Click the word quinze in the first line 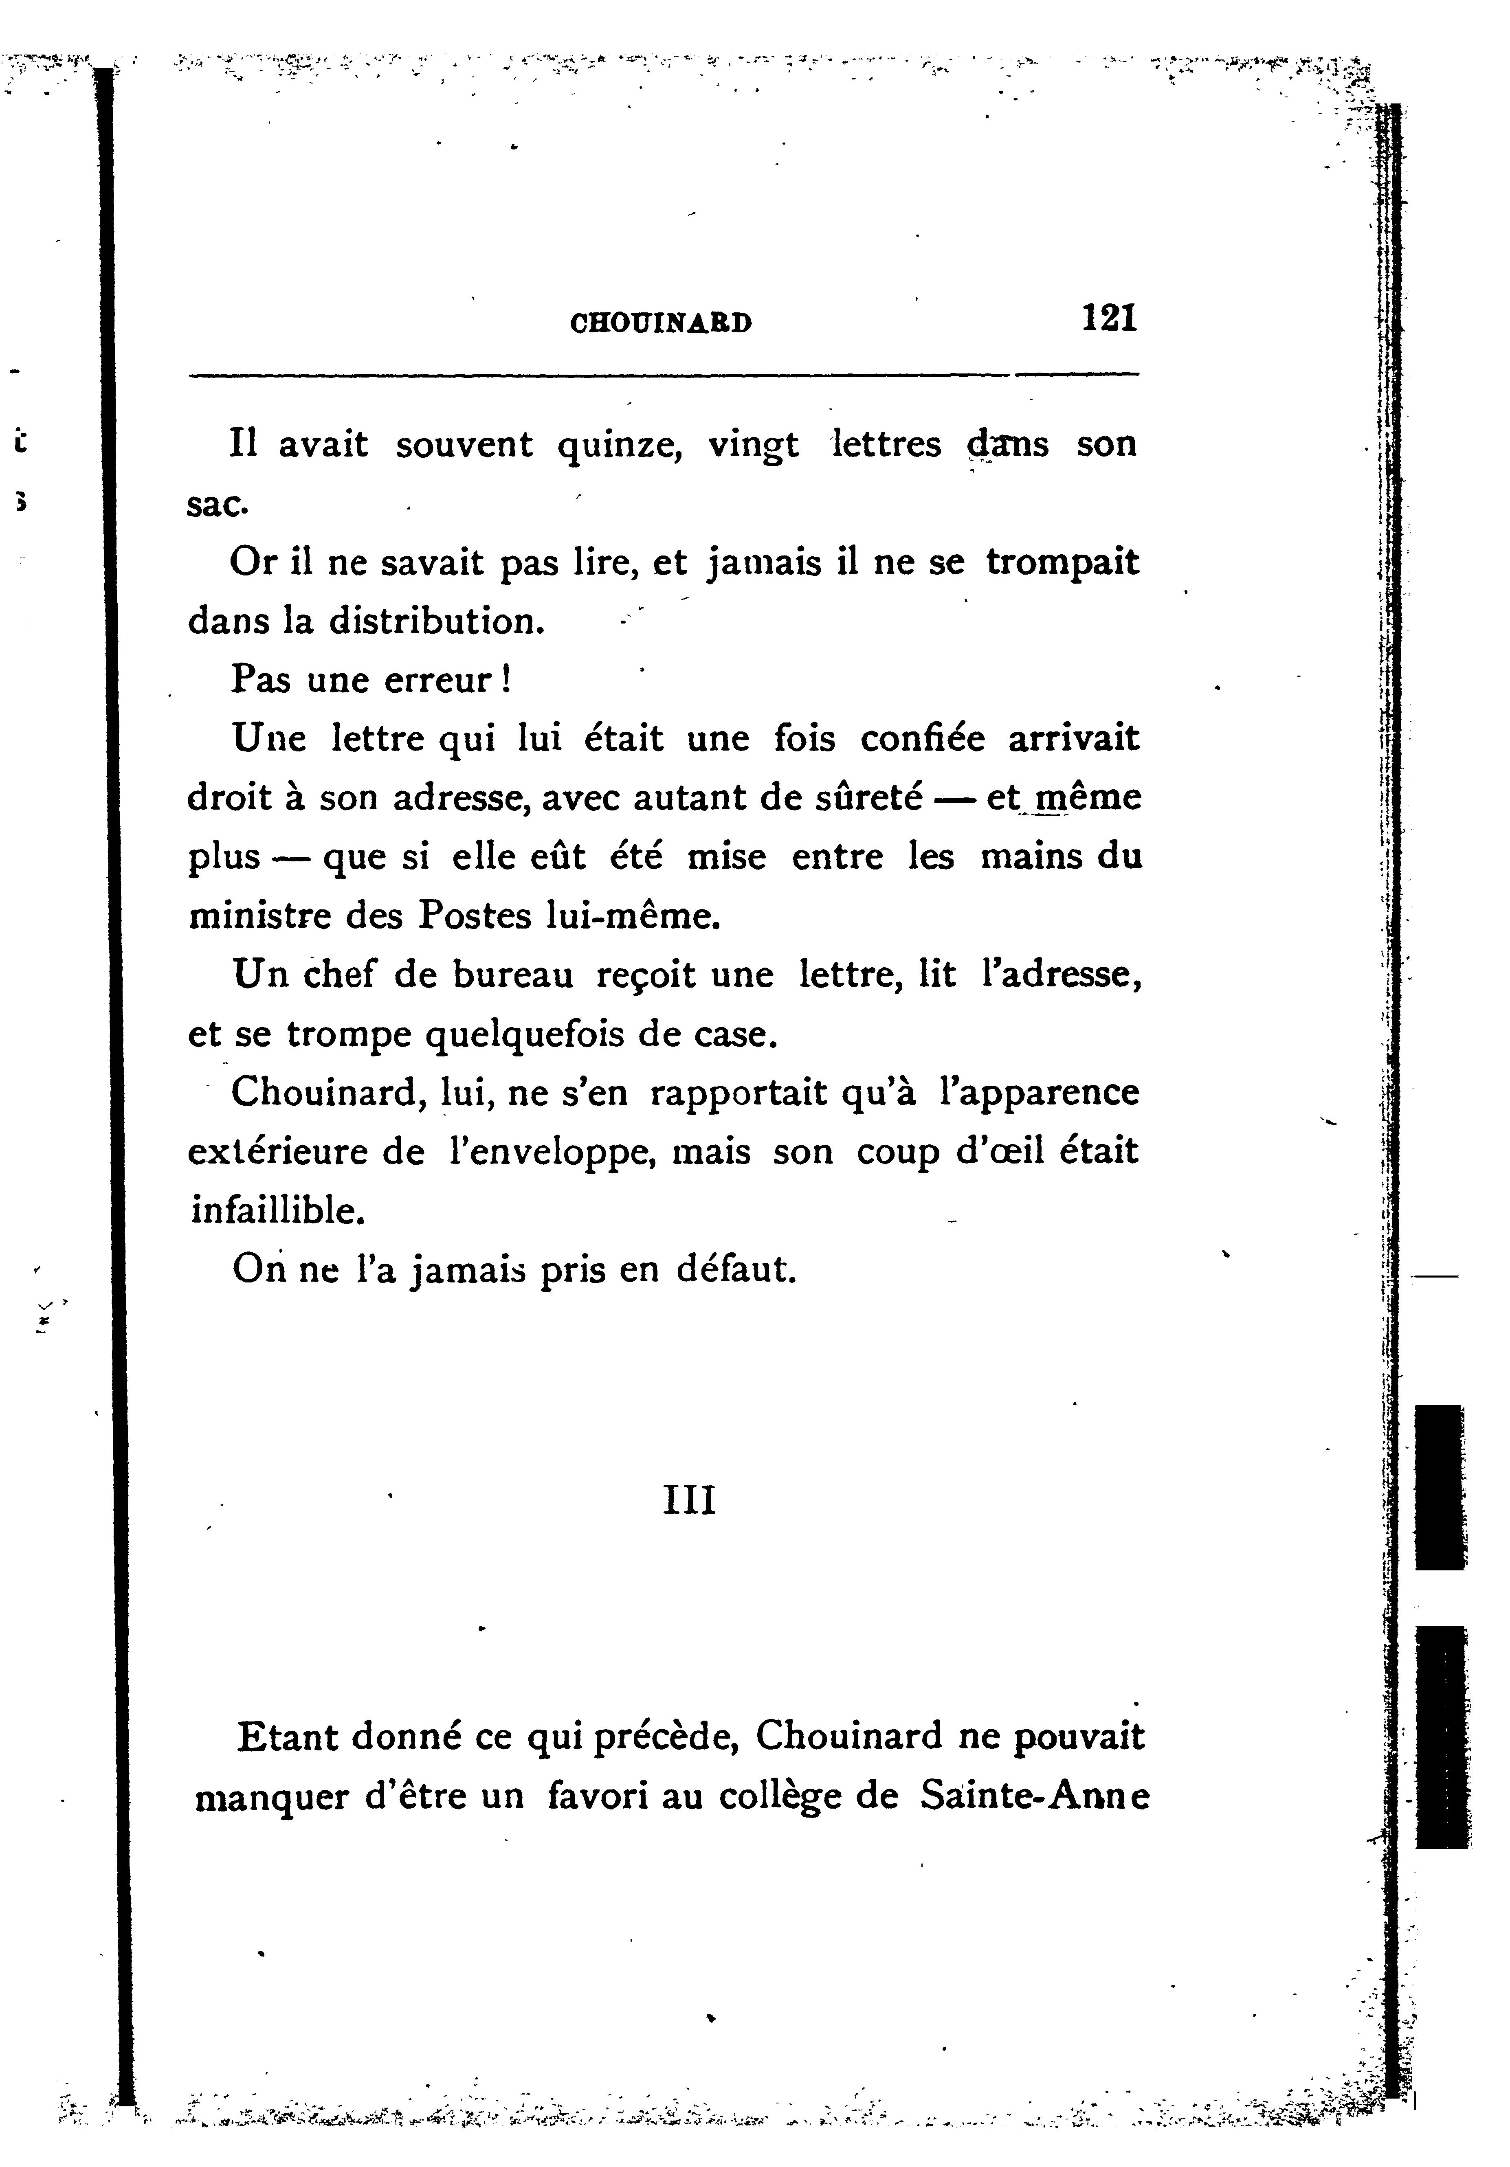619,446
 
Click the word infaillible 277,1210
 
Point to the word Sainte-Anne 1034,1796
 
